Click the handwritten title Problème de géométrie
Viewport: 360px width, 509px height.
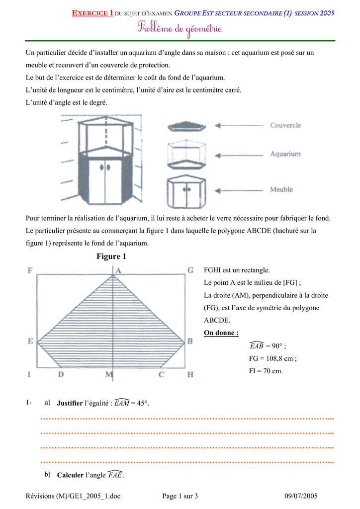tap(180, 29)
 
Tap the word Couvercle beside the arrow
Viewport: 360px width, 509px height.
tap(285, 126)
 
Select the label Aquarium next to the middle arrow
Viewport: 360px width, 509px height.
tap(285, 154)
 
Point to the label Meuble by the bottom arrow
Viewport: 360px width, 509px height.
tap(281, 189)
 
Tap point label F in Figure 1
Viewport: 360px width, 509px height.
tap(30, 271)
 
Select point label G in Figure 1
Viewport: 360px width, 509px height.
tap(190, 270)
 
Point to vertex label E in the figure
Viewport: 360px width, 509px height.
tap(30, 341)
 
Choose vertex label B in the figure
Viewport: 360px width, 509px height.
tap(189, 341)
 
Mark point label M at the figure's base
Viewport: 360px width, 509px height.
tap(109, 375)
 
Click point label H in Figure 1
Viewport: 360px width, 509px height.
tap(190, 375)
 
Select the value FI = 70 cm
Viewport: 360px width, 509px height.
tap(266, 371)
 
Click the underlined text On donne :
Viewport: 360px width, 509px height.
tap(221, 333)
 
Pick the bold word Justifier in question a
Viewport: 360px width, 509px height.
tap(70, 403)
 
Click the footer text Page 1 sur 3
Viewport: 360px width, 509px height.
tap(180, 496)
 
